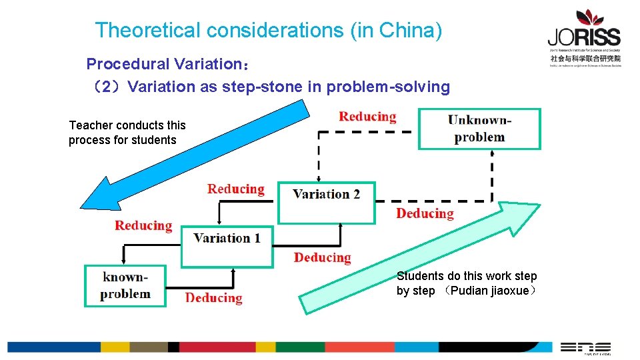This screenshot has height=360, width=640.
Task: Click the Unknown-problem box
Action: tap(479, 129)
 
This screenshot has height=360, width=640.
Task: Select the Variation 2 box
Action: tap(327, 202)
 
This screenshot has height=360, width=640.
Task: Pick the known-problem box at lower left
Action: tap(125, 285)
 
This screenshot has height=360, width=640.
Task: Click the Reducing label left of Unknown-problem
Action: tap(367, 117)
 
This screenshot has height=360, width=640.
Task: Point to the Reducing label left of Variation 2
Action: tap(235, 189)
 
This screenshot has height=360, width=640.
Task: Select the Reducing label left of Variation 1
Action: tap(143, 225)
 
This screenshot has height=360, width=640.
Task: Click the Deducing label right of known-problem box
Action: tap(213, 298)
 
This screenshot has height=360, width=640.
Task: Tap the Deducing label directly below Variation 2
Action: tap(322, 257)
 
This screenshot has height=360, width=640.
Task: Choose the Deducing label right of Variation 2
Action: tap(425, 213)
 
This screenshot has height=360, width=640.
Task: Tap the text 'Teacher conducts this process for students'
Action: tap(127, 133)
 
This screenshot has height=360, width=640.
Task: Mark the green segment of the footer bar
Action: tap(291, 347)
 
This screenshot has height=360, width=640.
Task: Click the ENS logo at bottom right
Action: tap(585, 347)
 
